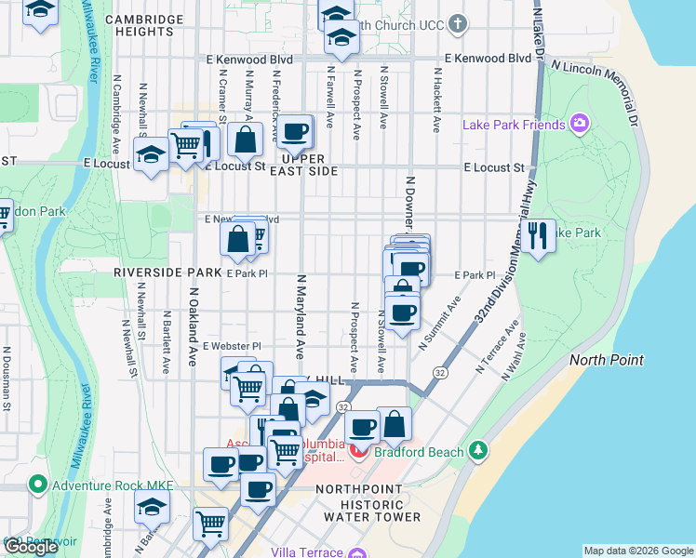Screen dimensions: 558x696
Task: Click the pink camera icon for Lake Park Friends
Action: (581, 124)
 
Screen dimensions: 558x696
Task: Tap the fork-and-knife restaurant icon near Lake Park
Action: (537, 235)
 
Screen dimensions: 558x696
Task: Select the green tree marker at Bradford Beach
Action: (478, 451)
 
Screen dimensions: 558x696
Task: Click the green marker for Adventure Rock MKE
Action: (37, 484)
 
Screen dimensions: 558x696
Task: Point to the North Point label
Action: (607, 360)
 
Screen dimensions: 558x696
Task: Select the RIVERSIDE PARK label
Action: (166, 273)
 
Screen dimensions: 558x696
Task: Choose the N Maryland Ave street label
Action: (301, 316)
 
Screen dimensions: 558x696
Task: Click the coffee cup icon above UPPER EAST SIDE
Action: (296, 133)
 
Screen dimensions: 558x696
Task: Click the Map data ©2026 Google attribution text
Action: (636, 551)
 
